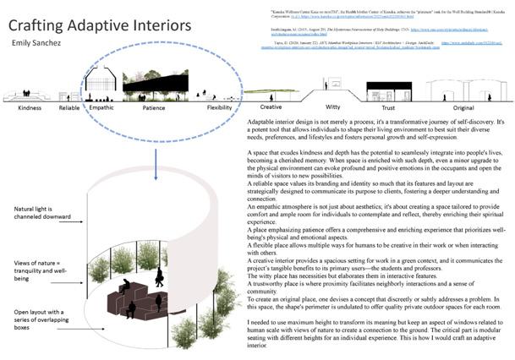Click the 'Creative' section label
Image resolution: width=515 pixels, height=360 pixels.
coord(270,107)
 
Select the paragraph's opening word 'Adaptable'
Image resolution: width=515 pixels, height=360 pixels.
coord(256,123)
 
